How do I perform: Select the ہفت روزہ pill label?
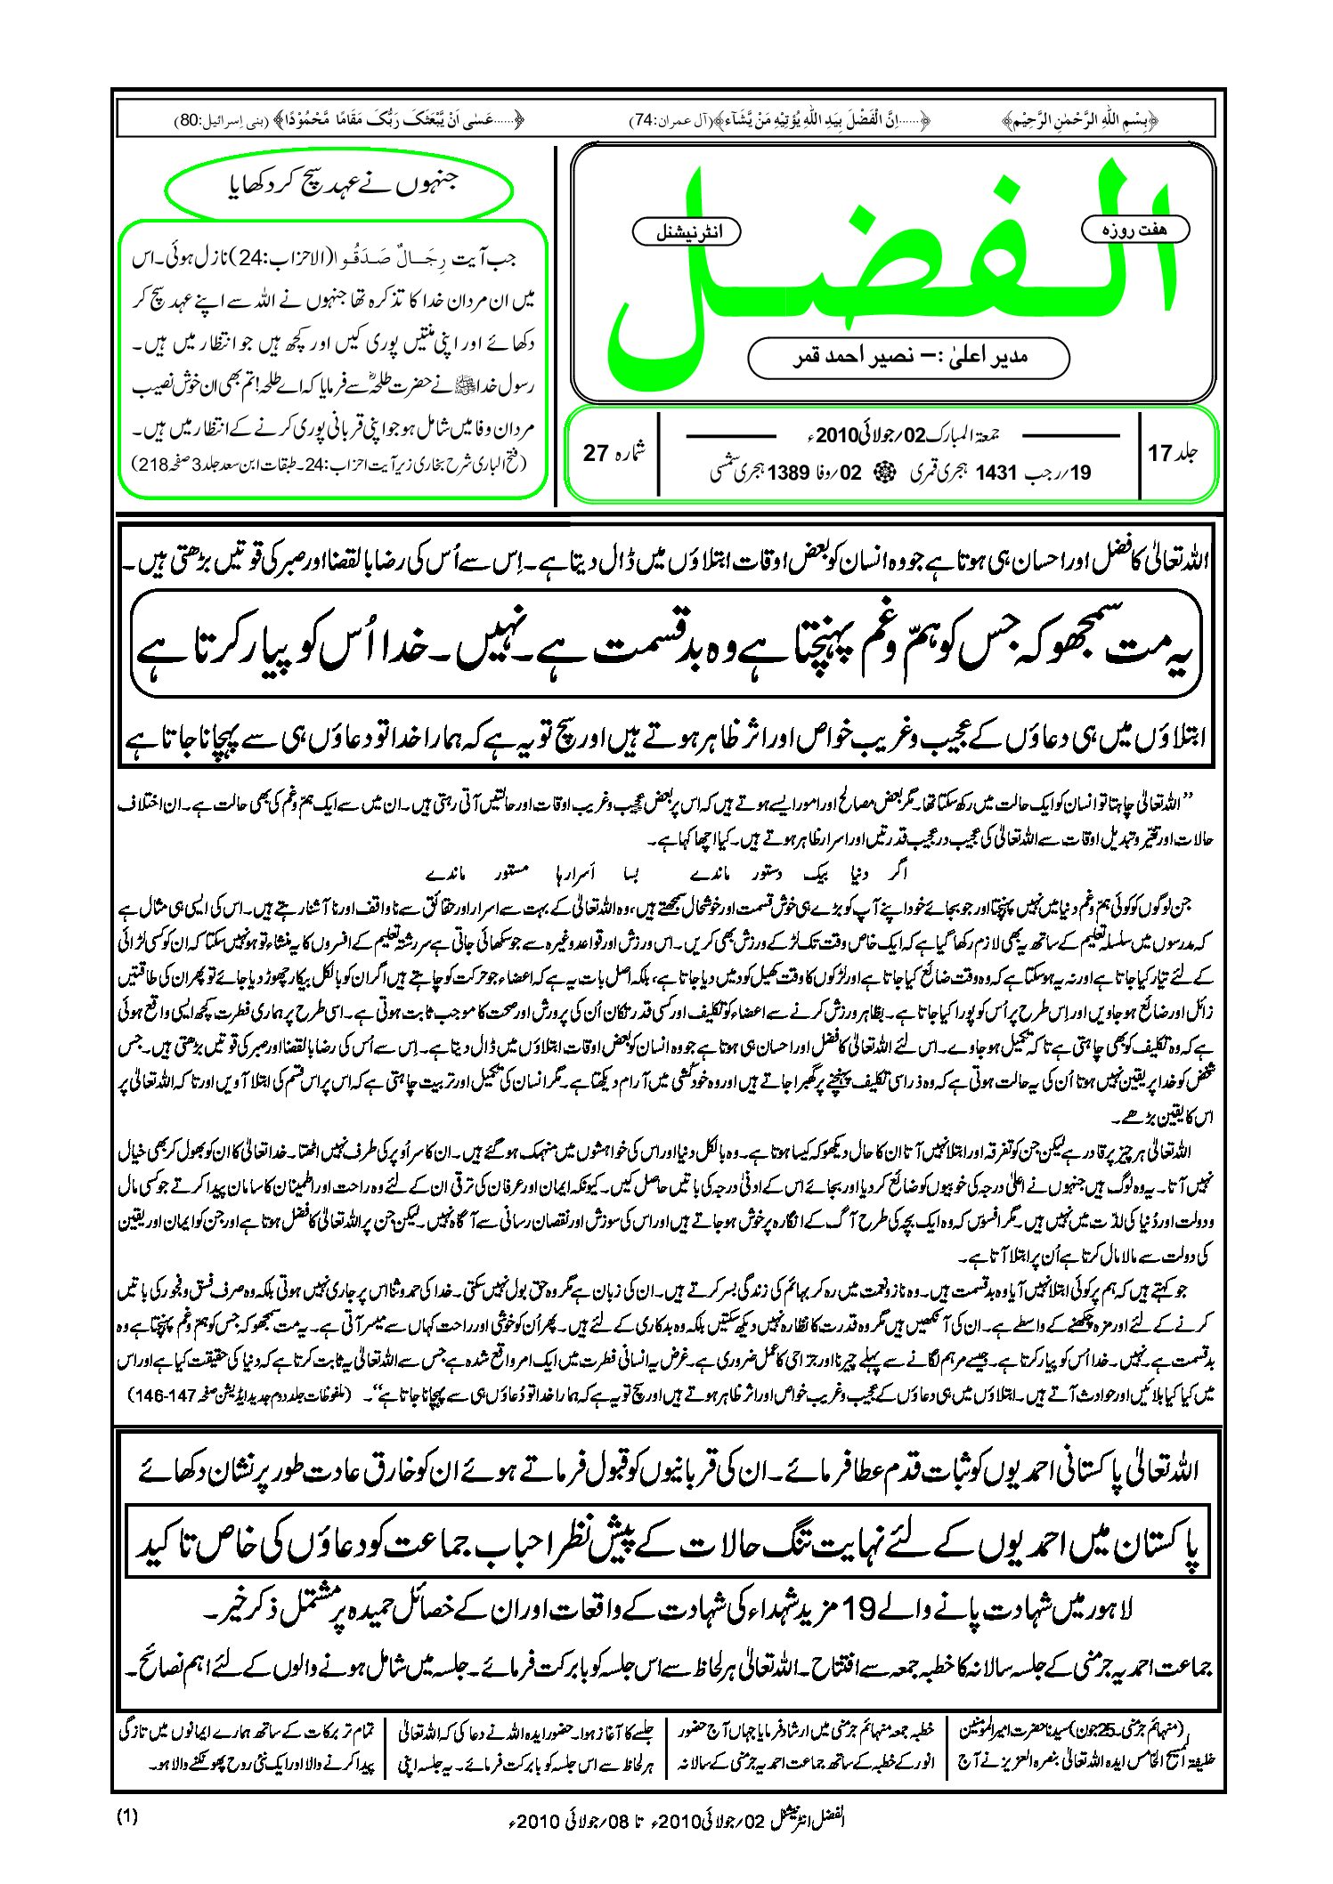click(1134, 230)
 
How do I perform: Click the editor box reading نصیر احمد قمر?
click(908, 357)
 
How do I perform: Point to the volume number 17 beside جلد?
click(1159, 453)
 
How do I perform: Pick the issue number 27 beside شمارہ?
click(595, 453)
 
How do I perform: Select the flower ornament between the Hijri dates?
click(886, 473)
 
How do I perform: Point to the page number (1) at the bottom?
click(127, 1816)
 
